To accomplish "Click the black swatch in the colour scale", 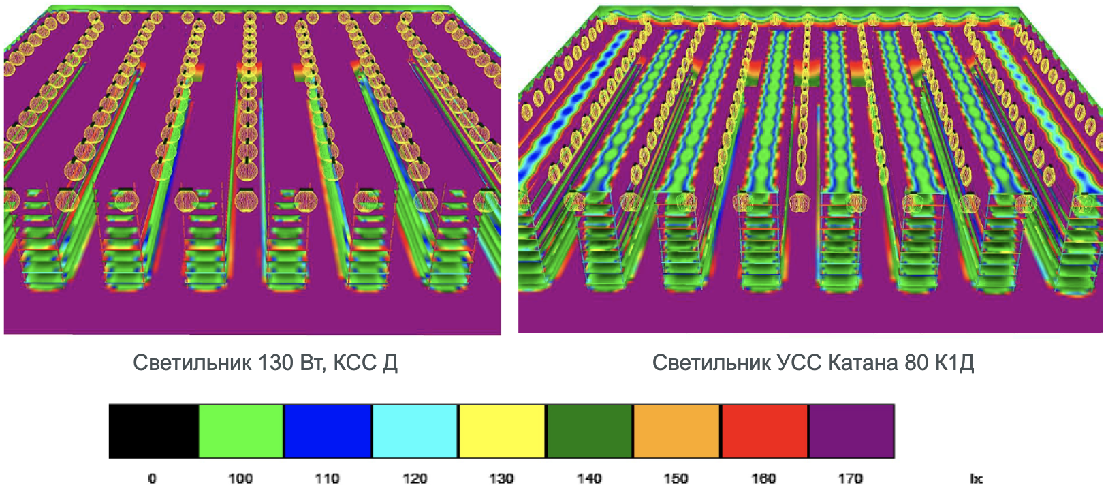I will (154, 431).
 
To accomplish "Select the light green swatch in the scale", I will (241, 431).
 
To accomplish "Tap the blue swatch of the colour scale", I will (328, 431).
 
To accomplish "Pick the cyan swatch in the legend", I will (415, 431).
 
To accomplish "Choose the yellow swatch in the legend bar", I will (502, 431).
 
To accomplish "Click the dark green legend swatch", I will (589, 431).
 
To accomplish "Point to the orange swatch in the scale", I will (676, 431).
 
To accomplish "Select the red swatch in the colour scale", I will (764, 431).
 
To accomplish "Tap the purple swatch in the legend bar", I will (851, 431).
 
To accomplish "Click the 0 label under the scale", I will (152, 478).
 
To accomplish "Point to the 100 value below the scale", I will (240, 478).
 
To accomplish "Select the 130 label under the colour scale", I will (501, 478).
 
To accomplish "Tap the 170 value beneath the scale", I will (850, 478).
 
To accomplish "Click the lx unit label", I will (976, 478).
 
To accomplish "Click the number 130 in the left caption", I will (276, 363).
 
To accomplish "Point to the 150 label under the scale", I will (676, 478).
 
